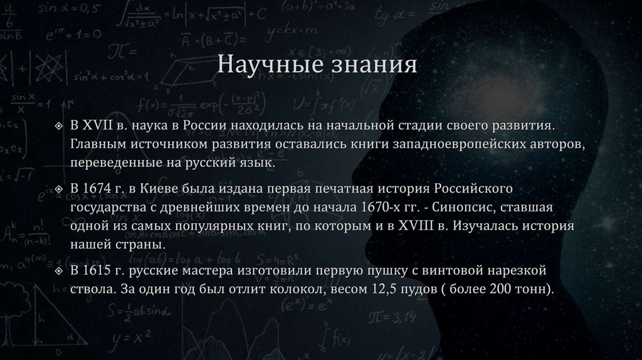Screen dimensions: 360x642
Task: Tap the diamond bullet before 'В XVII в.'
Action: click(x=58, y=127)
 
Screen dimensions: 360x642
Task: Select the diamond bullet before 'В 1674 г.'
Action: click(x=58, y=189)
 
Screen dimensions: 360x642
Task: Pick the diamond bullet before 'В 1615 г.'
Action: click(x=58, y=272)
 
